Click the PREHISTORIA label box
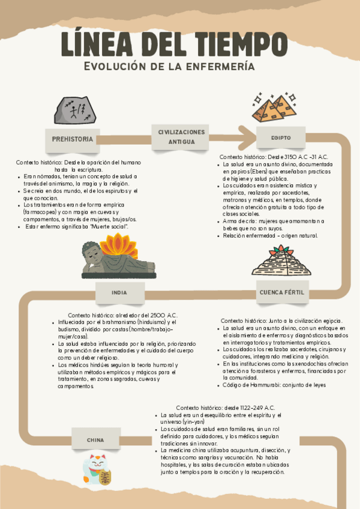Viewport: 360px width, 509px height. (x=73, y=139)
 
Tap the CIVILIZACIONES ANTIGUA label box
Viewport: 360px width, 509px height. (x=182, y=136)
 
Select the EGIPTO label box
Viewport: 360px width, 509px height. (x=281, y=138)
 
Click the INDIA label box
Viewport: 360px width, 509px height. (x=119, y=293)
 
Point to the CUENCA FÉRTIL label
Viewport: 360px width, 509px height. (x=281, y=292)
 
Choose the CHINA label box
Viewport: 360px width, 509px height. (x=95, y=440)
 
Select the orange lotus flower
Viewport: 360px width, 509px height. (x=118, y=246)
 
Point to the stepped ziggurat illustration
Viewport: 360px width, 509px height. (x=281, y=261)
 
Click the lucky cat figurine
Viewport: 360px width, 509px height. (x=97, y=469)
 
